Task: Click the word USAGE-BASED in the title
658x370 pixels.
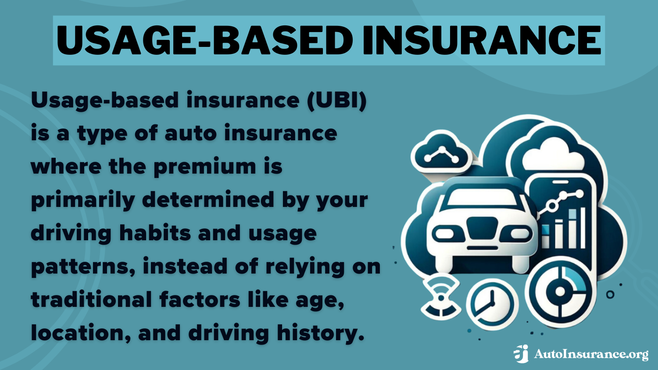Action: pos(204,40)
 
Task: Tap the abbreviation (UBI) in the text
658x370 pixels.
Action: pos(337,100)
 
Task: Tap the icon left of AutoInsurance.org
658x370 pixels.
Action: pos(522,354)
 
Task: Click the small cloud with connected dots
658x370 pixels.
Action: pos(441,153)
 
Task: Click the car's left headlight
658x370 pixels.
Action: pos(445,235)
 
